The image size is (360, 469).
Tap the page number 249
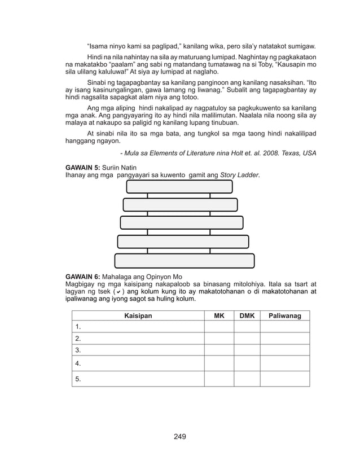click(x=179, y=436)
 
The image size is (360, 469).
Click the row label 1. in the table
click(x=78, y=327)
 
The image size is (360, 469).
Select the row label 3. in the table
click(x=78, y=350)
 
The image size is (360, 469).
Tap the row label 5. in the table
click(x=78, y=379)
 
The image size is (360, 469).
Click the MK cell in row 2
click(x=219, y=339)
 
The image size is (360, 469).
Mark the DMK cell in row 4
click(x=247, y=363)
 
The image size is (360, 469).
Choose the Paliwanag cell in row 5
click(x=284, y=379)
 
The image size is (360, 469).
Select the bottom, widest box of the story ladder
click(x=185, y=261)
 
